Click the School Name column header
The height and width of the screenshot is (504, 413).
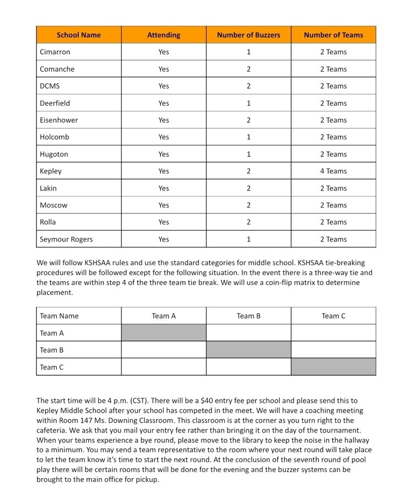click(79, 35)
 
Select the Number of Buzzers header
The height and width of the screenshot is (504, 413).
click(248, 35)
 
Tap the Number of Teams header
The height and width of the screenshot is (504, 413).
click(333, 35)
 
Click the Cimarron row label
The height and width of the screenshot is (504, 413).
click(55, 52)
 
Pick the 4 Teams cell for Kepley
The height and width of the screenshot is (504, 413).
click(333, 171)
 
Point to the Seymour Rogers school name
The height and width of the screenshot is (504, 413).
click(66, 239)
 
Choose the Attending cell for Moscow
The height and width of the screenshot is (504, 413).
click(164, 205)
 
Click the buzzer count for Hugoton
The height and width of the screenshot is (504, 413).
click(248, 154)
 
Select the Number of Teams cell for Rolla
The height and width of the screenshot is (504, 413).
click(333, 222)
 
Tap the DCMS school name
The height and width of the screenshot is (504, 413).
click(50, 86)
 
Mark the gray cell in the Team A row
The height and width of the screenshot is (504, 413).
click(164, 333)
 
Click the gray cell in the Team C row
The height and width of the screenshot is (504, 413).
click(333, 367)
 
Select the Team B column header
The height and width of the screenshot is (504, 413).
click(248, 316)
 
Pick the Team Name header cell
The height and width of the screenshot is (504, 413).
click(59, 316)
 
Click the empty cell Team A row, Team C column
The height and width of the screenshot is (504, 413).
click(333, 333)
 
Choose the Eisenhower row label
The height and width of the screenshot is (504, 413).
click(59, 120)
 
